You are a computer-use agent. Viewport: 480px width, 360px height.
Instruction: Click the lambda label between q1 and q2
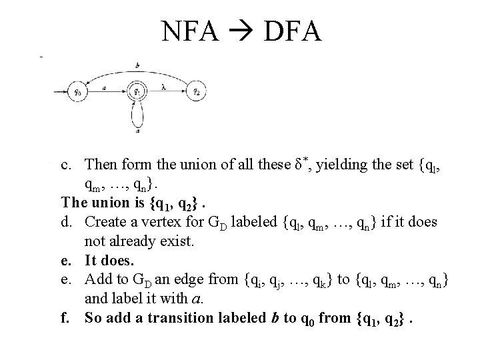coord(164,86)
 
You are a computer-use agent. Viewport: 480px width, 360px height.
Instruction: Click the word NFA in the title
coord(189,31)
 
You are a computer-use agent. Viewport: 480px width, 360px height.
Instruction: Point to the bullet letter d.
coord(66,221)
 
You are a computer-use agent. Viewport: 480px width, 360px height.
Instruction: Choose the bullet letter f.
coord(65,318)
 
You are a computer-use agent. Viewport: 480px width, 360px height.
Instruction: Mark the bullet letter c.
coord(65,165)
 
